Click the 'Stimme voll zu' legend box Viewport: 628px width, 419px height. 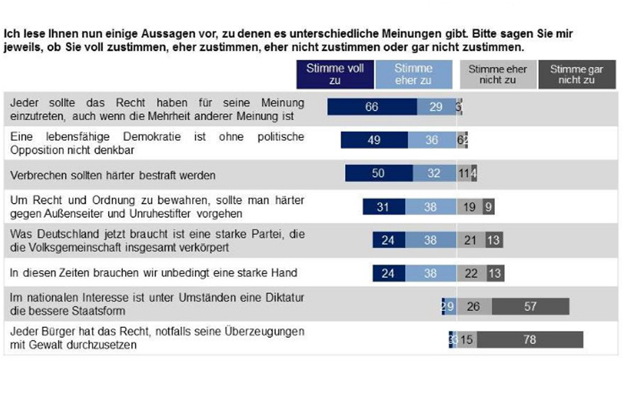pos(335,74)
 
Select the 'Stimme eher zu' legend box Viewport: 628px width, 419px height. pos(414,74)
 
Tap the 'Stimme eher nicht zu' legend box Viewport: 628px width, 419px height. pos(497,74)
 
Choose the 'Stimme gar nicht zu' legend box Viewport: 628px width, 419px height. pos(576,74)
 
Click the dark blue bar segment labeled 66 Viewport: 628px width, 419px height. pos(372,107)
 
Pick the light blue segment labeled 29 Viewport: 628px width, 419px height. pos(436,107)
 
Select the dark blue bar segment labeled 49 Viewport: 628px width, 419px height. pos(374,140)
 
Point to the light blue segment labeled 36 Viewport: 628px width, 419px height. pos(431,140)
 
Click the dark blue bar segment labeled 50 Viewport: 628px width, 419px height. pos(378,173)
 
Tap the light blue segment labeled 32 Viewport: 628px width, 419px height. pos(434,173)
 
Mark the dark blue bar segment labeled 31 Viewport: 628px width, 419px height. pos(383,207)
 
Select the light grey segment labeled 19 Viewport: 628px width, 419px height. pos(469,207)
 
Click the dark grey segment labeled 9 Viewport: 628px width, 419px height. pos(488,207)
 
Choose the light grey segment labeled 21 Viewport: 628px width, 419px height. pos(470,240)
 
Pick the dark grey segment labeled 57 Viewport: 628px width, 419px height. pos(531,307)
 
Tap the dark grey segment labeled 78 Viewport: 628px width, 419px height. pos(529,340)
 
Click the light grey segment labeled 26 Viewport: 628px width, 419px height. pos(474,307)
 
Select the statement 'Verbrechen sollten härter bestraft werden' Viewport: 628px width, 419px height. pos(112,175)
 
